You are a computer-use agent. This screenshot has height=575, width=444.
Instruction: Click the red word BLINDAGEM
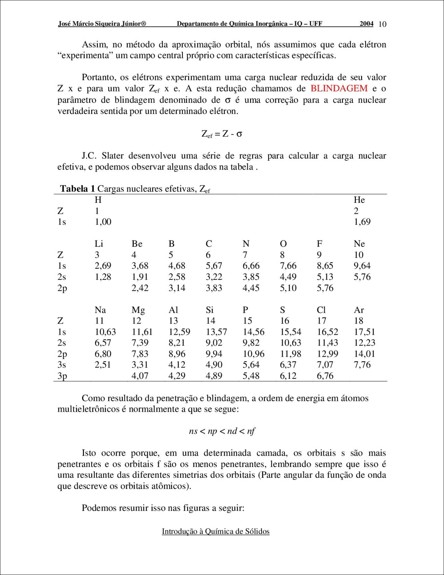339,89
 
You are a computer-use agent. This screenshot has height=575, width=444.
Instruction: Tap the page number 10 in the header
382,24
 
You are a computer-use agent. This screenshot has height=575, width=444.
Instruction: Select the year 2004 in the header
366,24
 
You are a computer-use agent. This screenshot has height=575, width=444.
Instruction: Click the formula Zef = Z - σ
222,134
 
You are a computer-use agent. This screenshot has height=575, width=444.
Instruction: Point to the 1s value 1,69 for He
362,222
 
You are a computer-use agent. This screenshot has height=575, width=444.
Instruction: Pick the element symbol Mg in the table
138,310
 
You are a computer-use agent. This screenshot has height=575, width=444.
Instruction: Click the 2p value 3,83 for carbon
214,288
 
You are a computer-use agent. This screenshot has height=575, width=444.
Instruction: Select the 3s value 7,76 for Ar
362,365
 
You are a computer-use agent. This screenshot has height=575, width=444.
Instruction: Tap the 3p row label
62,376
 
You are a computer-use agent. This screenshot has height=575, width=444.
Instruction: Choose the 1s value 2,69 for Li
103,266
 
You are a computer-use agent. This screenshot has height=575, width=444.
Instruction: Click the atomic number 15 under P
247,321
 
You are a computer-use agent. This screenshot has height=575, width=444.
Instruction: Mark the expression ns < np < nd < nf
222,431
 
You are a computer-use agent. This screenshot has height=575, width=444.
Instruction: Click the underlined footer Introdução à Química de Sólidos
215,532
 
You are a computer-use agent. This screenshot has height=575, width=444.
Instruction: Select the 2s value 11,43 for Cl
327,343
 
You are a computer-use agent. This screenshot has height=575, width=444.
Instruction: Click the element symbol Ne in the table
359,244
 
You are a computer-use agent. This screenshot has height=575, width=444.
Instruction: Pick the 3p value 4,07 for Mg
140,376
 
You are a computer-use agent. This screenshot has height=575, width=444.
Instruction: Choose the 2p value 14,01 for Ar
364,354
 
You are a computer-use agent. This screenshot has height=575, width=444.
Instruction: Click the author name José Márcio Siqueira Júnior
102,24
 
